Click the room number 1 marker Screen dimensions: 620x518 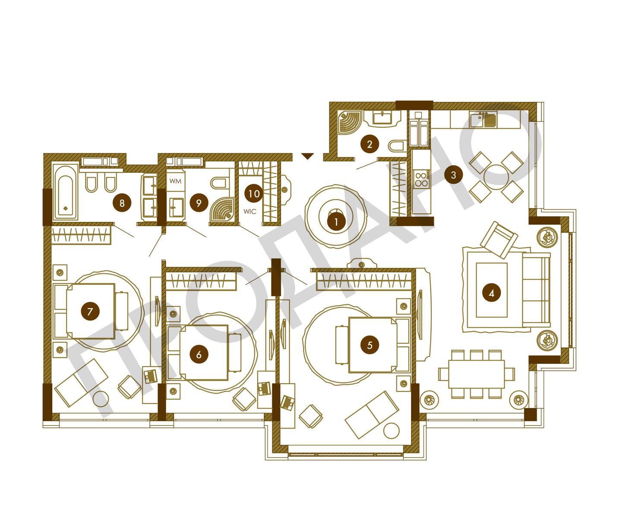point(336,222)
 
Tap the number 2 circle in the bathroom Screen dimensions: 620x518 point(370,144)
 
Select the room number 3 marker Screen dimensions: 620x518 point(453,175)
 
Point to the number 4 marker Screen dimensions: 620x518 point(491,294)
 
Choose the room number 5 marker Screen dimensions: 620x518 point(370,345)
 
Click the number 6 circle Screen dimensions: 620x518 point(199,354)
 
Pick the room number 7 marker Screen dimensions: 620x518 point(90,311)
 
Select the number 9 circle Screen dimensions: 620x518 point(199,203)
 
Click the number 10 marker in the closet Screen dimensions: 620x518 point(254,194)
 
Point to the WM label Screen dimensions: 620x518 point(175,181)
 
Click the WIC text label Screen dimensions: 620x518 point(250,212)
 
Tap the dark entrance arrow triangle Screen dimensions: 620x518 point(307,156)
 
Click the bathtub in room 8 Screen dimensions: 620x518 point(65,193)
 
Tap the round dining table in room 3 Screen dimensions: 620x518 point(496,177)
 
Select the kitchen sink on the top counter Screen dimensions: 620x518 point(483,120)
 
